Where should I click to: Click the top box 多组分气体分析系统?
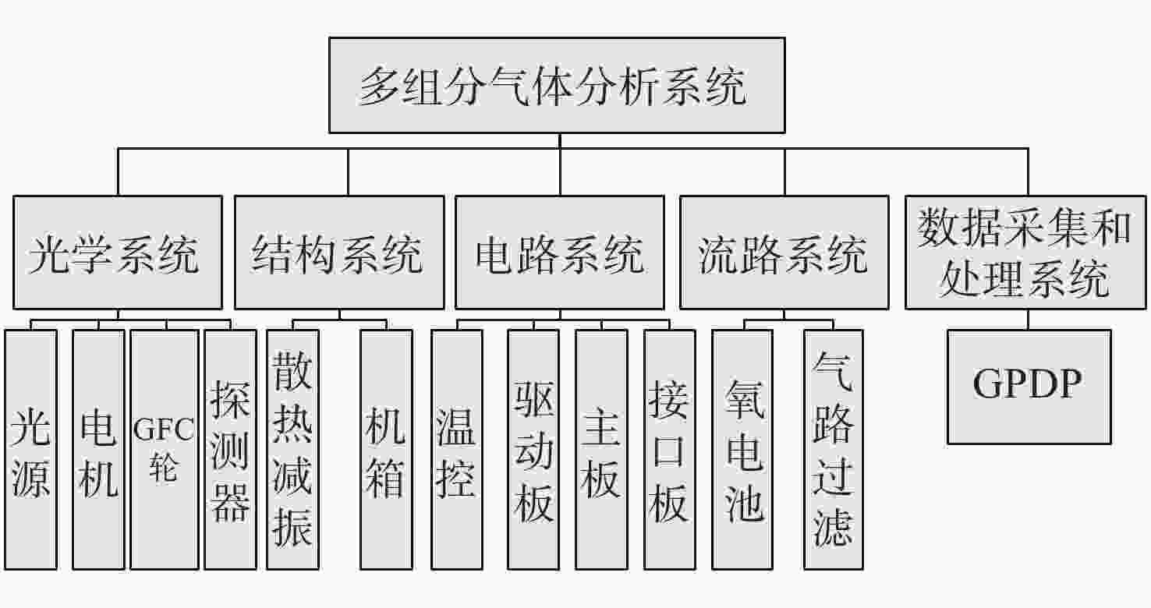(x=557, y=85)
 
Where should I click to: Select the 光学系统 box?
(x=118, y=252)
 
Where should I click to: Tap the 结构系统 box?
(x=340, y=252)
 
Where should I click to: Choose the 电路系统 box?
(x=560, y=252)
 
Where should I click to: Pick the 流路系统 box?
(x=784, y=252)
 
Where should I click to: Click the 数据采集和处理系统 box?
(x=1025, y=252)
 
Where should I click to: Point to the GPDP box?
(x=1029, y=387)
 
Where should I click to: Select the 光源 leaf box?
(x=31, y=450)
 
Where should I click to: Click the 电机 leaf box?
(x=99, y=450)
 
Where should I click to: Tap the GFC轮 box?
(x=165, y=450)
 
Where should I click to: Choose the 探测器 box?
(x=230, y=450)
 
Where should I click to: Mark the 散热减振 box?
(x=293, y=450)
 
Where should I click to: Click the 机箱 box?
(x=387, y=450)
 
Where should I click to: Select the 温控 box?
(x=457, y=450)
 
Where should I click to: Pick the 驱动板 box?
(x=533, y=450)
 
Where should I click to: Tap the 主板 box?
(x=602, y=450)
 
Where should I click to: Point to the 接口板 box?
(x=670, y=450)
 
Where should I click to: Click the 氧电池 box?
(x=742, y=450)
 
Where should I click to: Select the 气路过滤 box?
(x=834, y=450)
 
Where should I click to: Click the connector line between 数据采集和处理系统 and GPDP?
(x=1029, y=320)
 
